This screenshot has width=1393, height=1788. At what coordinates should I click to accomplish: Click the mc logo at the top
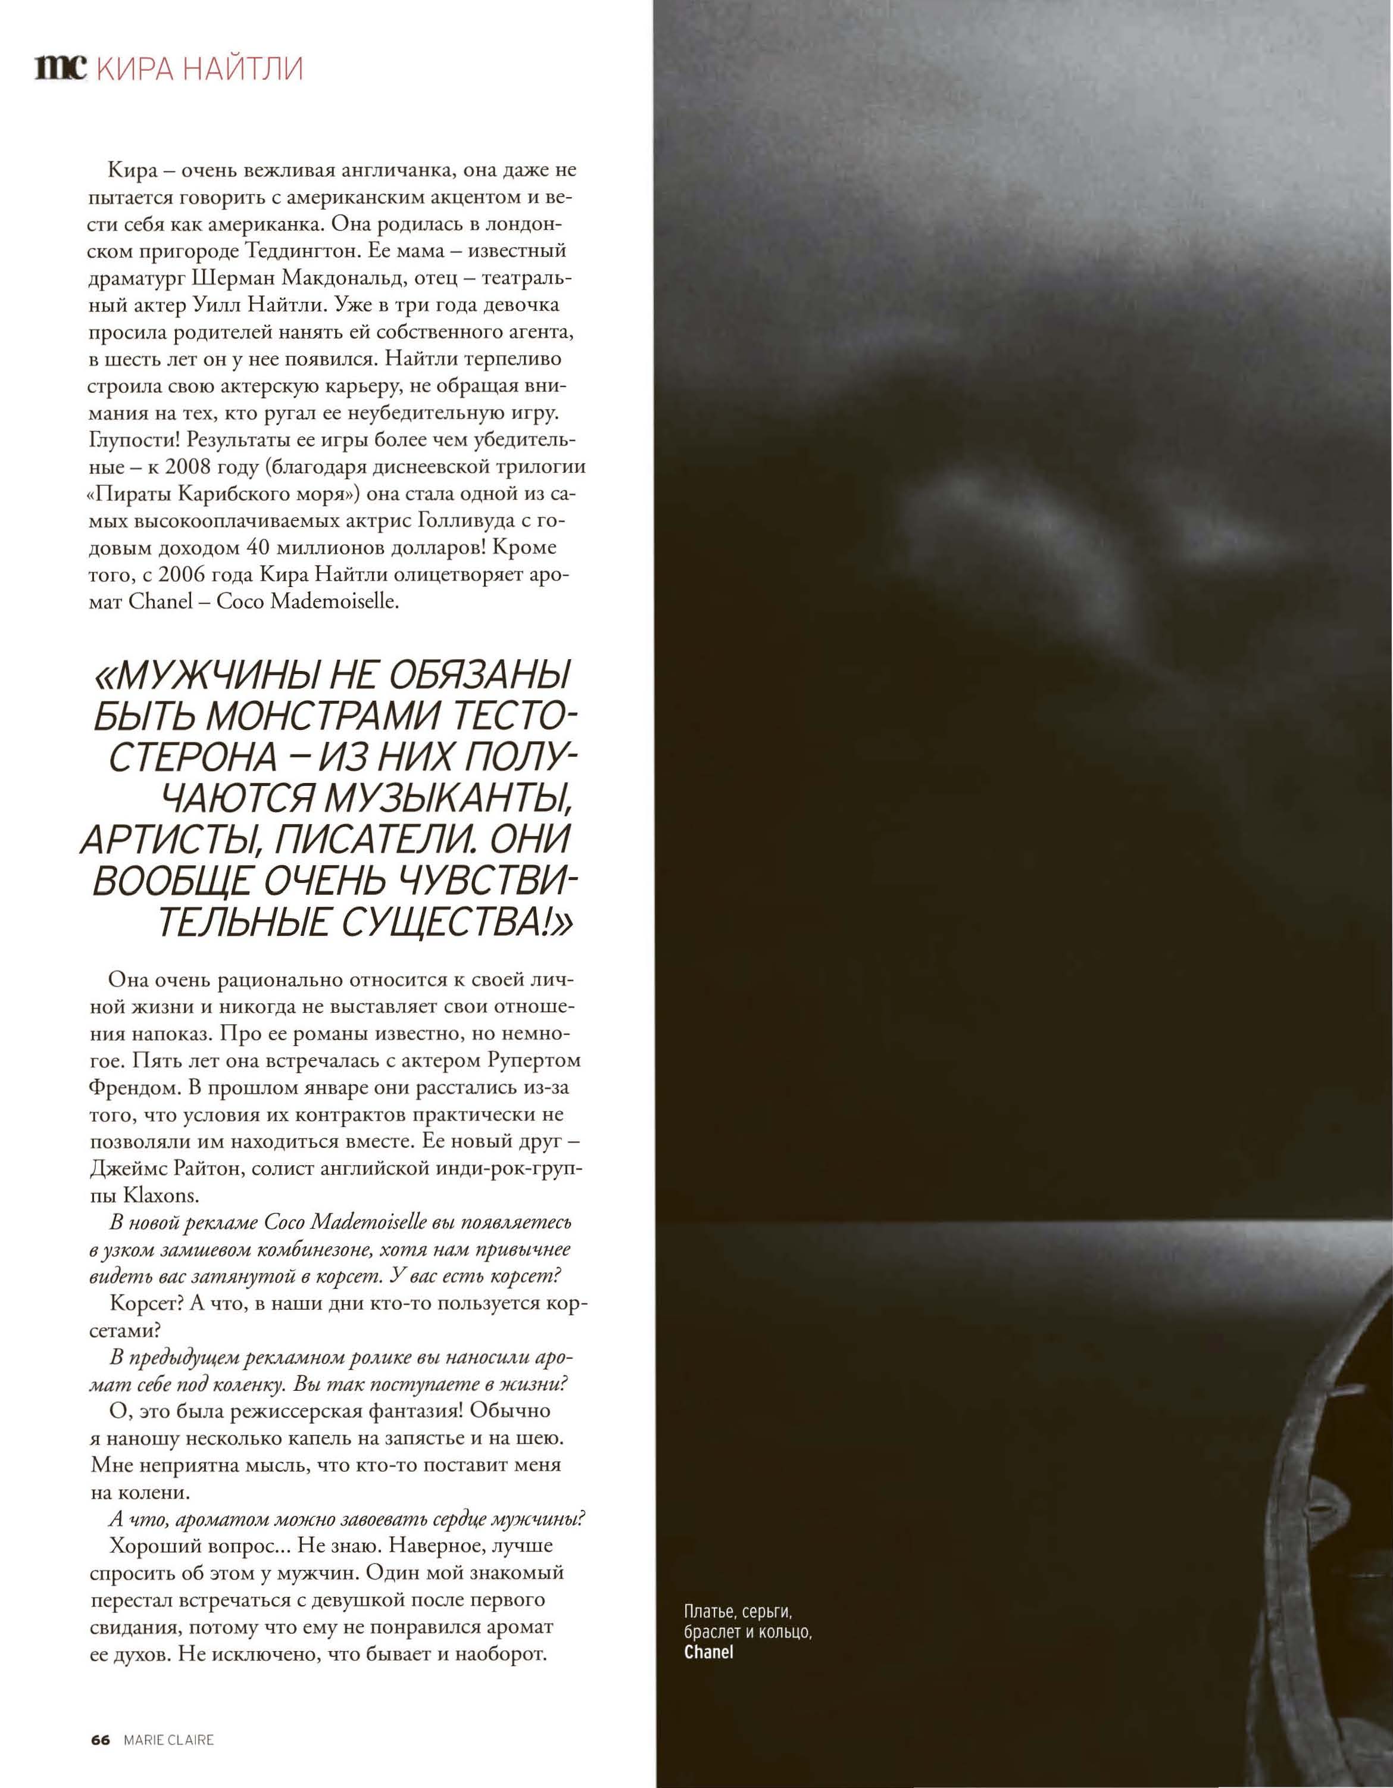[x=60, y=68]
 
